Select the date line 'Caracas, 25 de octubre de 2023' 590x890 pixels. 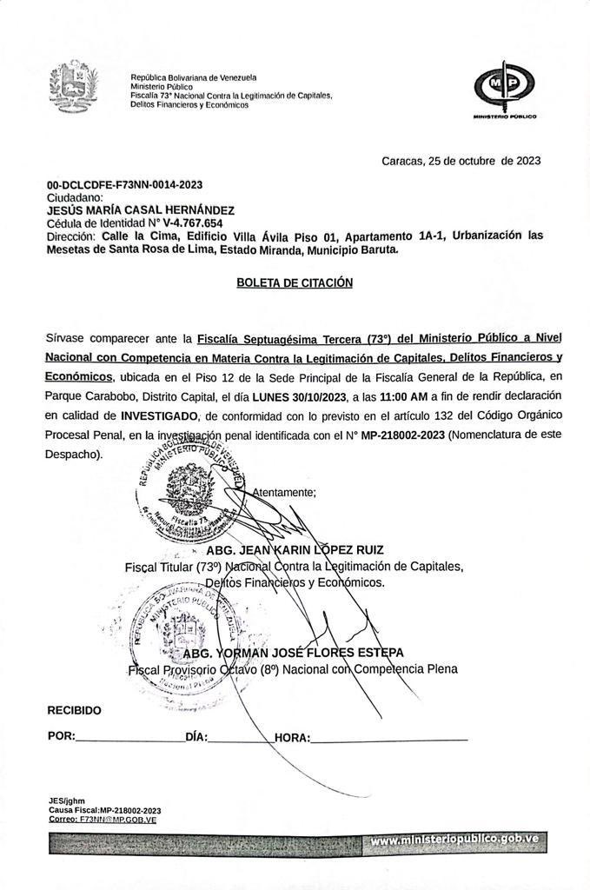point(461,161)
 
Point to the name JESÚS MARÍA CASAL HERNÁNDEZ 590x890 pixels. point(140,210)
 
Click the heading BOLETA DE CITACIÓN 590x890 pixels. point(295,282)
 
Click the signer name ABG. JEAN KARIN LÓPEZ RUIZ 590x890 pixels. point(295,550)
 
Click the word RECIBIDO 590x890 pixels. point(74,710)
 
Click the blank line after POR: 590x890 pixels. point(129,738)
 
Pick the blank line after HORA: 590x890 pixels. point(388,738)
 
